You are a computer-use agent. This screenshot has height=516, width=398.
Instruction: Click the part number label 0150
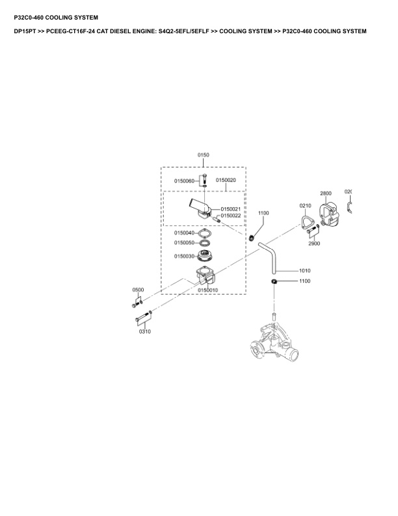click(x=204, y=155)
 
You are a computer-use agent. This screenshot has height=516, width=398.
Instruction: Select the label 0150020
click(x=226, y=180)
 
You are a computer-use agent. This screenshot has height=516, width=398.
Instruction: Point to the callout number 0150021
click(x=231, y=208)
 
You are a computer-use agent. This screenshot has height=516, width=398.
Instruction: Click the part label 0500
click(x=138, y=289)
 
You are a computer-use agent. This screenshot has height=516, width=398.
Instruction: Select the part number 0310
click(x=144, y=331)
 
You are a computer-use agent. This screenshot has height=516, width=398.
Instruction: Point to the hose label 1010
click(x=304, y=270)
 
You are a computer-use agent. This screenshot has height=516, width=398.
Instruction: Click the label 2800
click(x=326, y=193)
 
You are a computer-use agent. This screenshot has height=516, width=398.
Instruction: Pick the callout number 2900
click(x=314, y=244)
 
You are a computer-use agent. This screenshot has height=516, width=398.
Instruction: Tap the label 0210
click(x=306, y=206)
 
